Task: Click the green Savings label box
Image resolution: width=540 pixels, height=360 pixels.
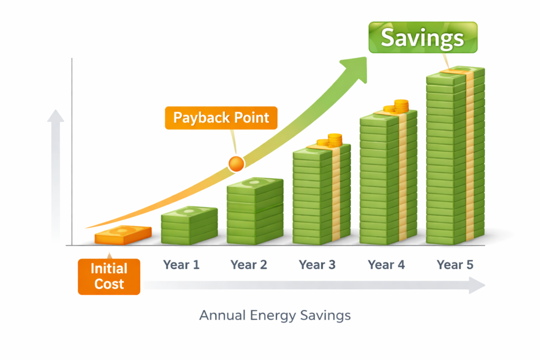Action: (422, 37)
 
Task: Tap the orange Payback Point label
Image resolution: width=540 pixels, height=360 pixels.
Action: (221, 118)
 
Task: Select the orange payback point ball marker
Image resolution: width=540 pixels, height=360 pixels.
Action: (236, 163)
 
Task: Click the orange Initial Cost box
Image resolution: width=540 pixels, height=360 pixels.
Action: (109, 276)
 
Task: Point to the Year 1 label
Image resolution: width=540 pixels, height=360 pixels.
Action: (181, 265)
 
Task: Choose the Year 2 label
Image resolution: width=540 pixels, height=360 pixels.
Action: (248, 265)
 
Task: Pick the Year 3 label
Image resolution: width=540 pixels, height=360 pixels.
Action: (317, 265)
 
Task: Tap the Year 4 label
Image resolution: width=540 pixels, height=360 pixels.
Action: (386, 265)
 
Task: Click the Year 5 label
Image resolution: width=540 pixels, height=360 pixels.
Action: (455, 265)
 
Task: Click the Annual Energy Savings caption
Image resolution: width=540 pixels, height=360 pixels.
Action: (275, 316)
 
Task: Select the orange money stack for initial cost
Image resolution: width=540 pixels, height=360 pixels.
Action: (123, 235)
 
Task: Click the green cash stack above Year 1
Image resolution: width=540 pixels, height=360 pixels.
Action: (189, 226)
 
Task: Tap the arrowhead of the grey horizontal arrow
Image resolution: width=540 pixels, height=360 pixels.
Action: (477, 286)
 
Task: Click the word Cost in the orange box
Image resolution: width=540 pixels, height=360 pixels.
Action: (109, 284)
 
